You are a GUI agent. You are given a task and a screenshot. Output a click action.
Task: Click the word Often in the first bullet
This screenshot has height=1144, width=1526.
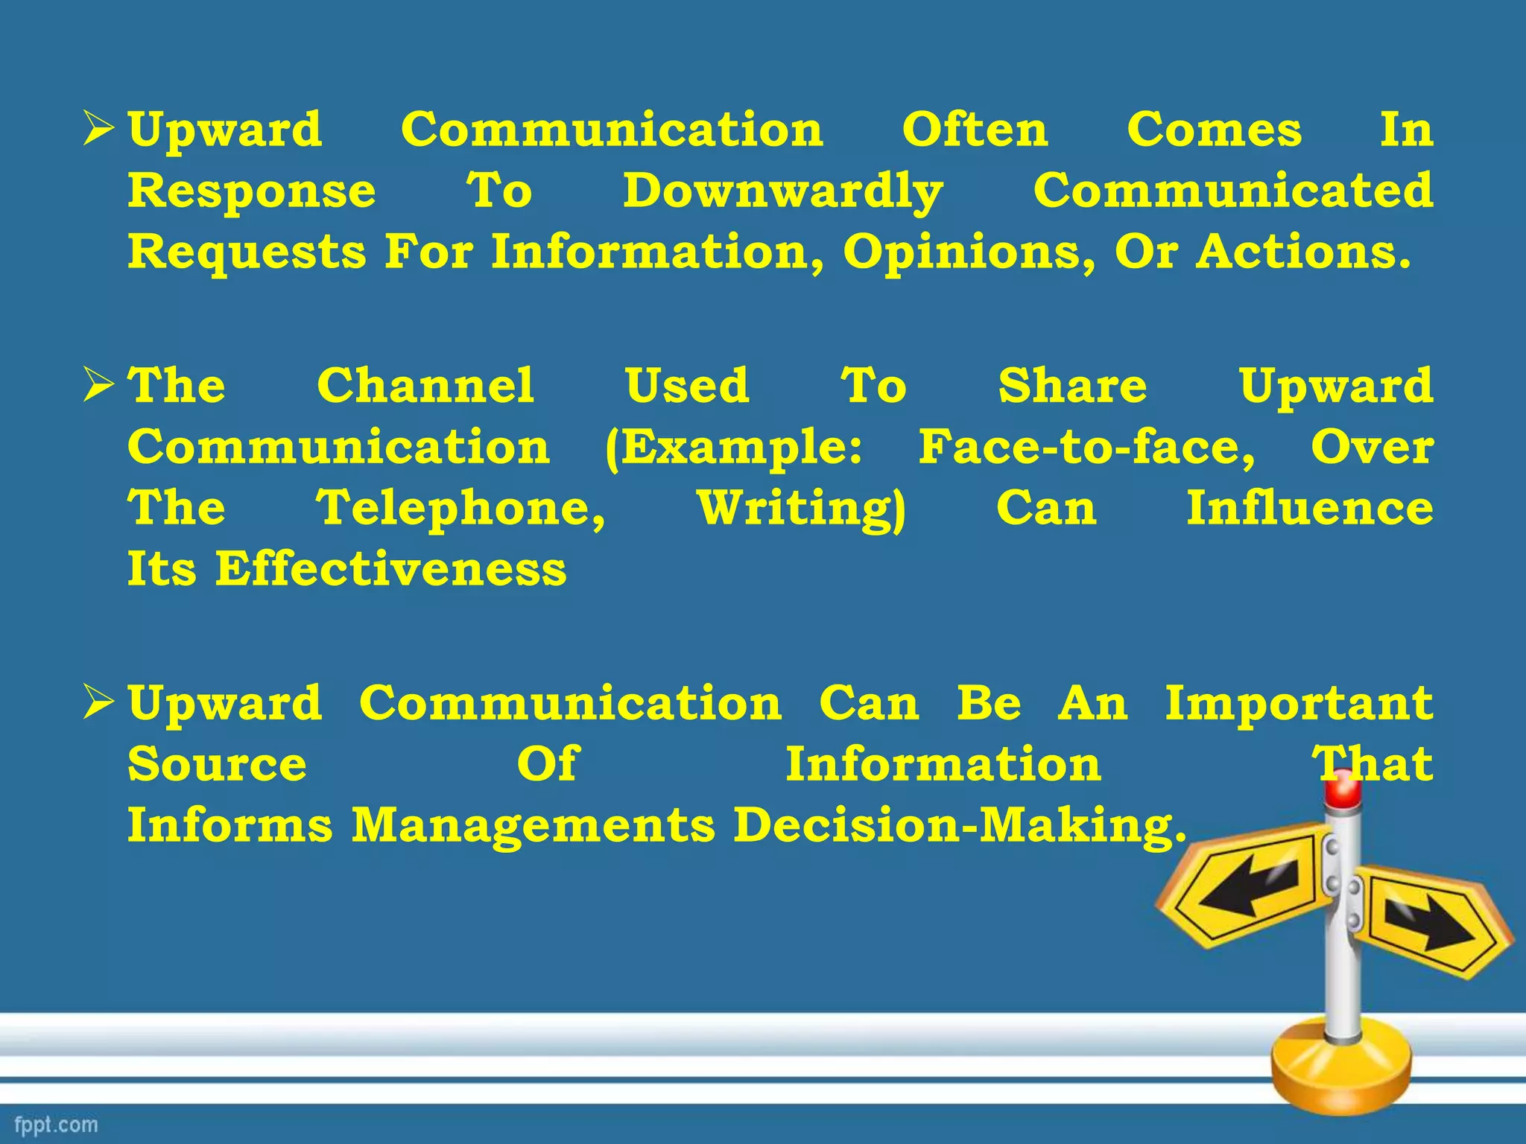[x=975, y=130]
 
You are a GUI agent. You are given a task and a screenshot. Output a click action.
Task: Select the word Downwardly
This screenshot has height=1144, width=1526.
[x=782, y=192]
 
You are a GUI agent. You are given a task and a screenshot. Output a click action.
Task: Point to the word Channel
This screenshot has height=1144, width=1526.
[x=425, y=386]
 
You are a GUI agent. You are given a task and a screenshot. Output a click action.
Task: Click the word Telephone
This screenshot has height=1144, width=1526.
[x=460, y=509]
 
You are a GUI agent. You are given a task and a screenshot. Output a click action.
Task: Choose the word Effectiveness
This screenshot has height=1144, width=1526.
[x=391, y=570]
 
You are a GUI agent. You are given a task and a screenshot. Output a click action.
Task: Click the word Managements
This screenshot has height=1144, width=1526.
[x=533, y=826]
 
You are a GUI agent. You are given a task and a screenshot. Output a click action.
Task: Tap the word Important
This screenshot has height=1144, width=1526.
[x=1299, y=703]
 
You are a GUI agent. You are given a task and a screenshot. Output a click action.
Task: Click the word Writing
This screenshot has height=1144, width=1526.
[x=801, y=509]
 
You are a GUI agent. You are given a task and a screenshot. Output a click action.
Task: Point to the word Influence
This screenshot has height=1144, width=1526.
[x=1309, y=509]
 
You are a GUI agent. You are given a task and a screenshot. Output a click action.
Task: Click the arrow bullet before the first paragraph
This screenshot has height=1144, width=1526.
[x=98, y=129]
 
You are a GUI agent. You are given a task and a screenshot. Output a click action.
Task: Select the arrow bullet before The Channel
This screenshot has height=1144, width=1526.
[x=98, y=386]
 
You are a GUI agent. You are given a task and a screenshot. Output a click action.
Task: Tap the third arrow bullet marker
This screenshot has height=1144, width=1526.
[x=98, y=703]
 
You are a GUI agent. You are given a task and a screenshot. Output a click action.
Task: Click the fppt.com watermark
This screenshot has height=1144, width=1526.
[x=56, y=1124]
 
